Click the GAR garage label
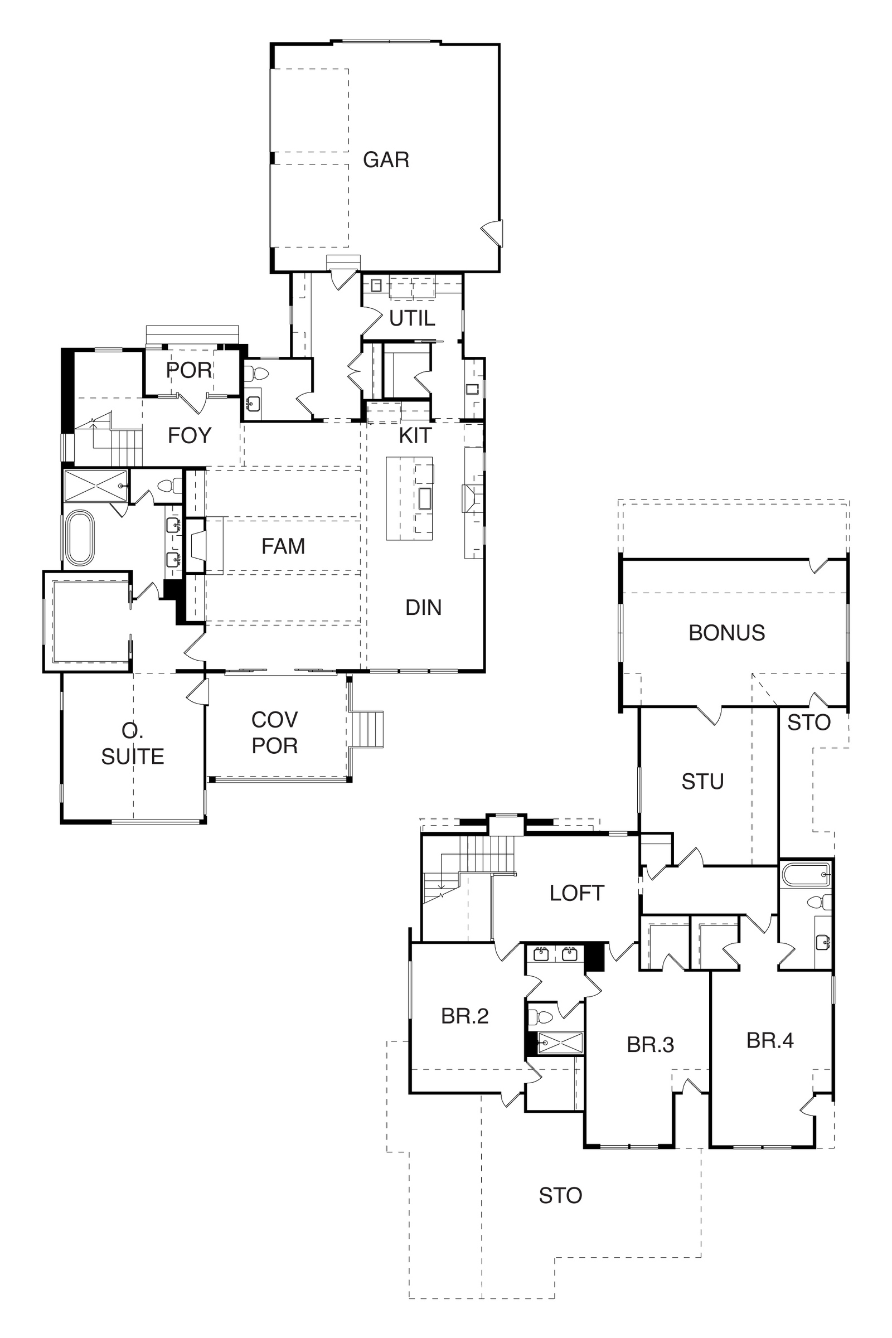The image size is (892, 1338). coord(386,160)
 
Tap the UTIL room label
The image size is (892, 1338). coord(412,318)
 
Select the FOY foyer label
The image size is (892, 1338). coord(190,436)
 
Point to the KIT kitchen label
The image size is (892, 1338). coord(415,436)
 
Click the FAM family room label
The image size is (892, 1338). coord(283,547)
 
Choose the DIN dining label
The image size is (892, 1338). coord(423,608)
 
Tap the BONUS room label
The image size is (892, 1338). coord(726,633)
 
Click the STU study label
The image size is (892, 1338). coord(702,782)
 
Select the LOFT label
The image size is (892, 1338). coord(576,894)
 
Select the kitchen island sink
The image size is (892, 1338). coord(424,498)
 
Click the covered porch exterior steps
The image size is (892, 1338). coord(368,729)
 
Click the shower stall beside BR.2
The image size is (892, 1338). coord(560,1043)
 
